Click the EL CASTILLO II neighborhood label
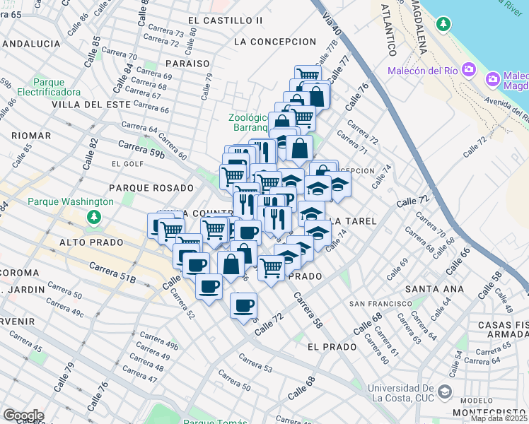pos(225,20)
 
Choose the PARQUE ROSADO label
pos(151,188)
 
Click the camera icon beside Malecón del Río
pos(468,69)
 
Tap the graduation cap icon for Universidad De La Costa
pos(444,391)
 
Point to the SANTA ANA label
pos(434,289)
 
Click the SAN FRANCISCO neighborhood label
pos(381,304)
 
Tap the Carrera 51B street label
pos(112,273)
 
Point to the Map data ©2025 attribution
pos(499,418)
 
